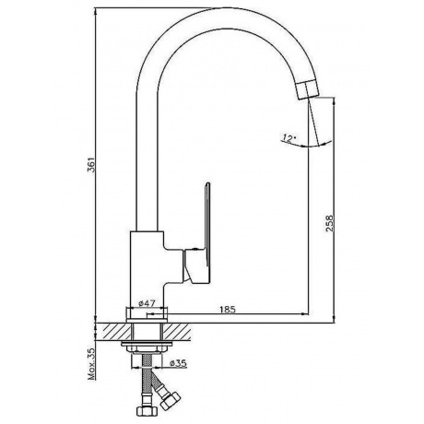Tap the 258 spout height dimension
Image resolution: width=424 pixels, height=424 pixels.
[330, 223]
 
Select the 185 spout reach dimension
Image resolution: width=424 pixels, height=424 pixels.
[228, 309]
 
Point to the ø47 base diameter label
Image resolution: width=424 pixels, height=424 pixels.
[147, 303]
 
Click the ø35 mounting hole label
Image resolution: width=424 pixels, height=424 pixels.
[178, 363]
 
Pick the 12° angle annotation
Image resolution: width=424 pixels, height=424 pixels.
[288, 137]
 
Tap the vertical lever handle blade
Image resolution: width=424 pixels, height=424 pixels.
[207, 224]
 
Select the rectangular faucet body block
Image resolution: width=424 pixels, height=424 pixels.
[147, 269]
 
